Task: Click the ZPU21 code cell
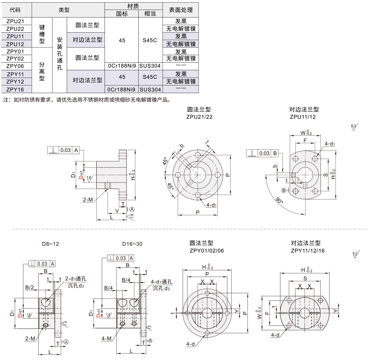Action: (x=15, y=21)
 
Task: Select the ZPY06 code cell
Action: (x=15, y=66)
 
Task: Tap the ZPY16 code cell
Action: (x=15, y=89)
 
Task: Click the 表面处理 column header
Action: (x=181, y=10)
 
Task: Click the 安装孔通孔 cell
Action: (x=59, y=54)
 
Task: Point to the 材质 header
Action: (x=133, y=6)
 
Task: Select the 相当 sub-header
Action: (x=150, y=14)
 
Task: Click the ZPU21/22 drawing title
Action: (x=199, y=117)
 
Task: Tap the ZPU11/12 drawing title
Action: (x=303, y=117)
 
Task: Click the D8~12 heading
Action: (x=50, y=244)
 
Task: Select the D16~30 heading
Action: (x=132, y=244)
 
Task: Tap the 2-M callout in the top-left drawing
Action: (x=88, y=199)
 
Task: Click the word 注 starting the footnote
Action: (x=5, y=100)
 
